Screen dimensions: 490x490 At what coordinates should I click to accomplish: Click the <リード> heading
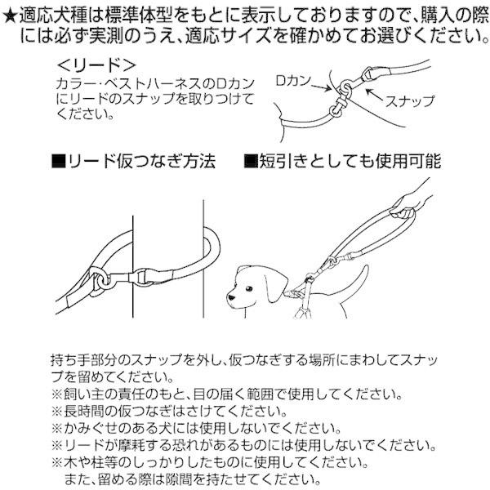click(x=96, y=65)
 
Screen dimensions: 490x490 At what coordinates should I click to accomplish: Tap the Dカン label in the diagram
click(x=293, y=81)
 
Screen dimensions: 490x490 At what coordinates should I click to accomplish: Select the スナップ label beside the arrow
click(x=410, y=100)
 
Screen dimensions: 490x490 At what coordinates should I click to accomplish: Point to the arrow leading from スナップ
click(x=374, y=95)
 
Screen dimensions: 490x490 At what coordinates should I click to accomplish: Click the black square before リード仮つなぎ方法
click(x=59, y=161)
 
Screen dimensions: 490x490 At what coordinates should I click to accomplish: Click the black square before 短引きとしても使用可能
click(x=251, y=161)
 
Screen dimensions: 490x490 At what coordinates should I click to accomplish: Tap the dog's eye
click(x=248, y=287)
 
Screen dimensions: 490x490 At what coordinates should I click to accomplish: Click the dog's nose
click(x=230, y=297)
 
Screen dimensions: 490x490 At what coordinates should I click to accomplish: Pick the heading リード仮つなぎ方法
click(x=141, y=161)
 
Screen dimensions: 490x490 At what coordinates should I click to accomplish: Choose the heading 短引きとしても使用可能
click(x=350, y=161)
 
